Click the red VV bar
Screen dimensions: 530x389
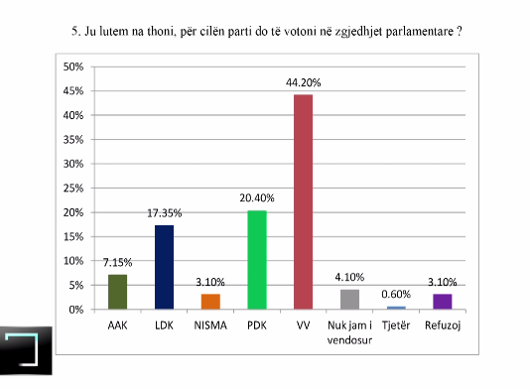tap(303, 201)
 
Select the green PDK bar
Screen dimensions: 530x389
tap(257, 260)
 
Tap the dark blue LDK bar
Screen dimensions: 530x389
tap(165, 267)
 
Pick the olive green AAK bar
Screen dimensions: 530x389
tap(118, 292)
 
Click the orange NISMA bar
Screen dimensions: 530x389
tap(210, 302)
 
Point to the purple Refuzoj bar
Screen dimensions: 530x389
tap(443, 302)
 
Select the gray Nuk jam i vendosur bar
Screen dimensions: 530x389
tap(349, 300)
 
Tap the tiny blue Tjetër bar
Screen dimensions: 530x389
tap(396, 308)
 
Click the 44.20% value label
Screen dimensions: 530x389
tap(303, 82)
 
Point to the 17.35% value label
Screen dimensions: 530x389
tap(165, 213)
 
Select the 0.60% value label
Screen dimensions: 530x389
tap(396, 295)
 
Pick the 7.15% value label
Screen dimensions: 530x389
tap(118, 263)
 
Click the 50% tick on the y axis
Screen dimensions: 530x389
tap(73, 66)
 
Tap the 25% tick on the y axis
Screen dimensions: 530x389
tap(73, 189)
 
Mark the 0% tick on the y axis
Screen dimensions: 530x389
tap(76, 310)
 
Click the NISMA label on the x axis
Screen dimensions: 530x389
tap(210, 325)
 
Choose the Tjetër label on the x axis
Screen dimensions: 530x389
tap(396, 325)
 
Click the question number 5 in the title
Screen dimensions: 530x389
tap(75, 32)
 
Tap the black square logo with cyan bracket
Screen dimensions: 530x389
tap(26, 351)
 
